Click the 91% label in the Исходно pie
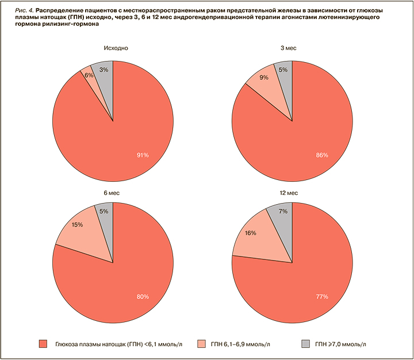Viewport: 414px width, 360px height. click(143, 155)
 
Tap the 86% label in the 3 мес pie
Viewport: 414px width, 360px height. click(321, 155)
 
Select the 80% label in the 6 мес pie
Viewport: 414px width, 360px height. click(143, 297)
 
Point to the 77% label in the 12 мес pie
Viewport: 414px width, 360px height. click(321, 297)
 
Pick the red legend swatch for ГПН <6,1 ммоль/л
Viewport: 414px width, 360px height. click(43, 344)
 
